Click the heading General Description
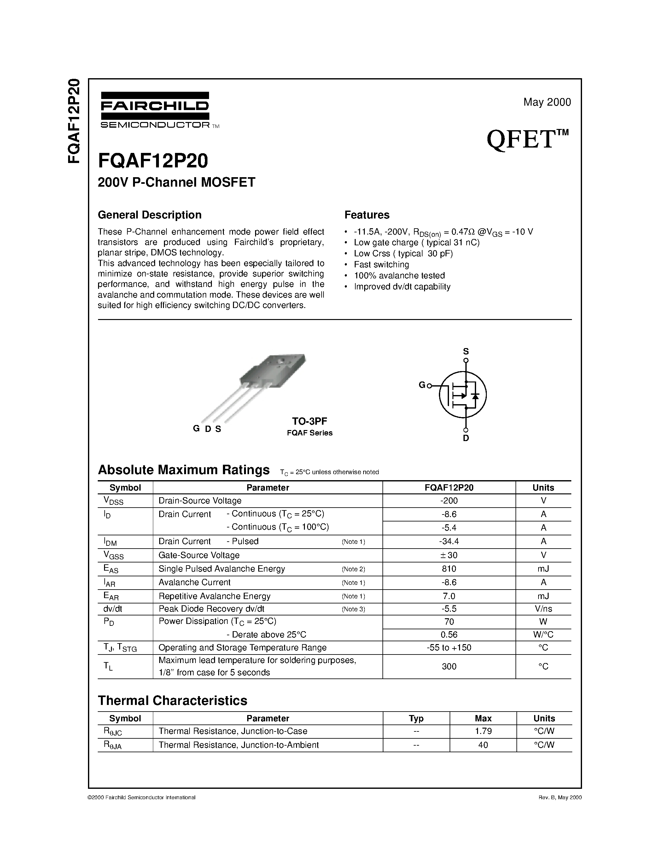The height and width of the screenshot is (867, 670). (150, 215)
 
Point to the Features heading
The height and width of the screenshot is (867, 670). (367, 215)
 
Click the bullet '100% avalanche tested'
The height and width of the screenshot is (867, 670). (399, 276)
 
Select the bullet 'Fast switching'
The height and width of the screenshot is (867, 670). (381, 265)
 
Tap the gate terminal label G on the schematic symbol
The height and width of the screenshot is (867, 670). (422, 385)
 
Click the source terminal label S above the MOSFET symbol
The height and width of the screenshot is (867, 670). (466, 351)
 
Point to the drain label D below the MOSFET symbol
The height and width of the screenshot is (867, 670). (466, 438)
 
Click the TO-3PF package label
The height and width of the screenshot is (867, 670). (310, 421)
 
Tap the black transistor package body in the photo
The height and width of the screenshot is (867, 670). (274, 369)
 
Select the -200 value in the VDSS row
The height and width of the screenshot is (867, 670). (449, 501)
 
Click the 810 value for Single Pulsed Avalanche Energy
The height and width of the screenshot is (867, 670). (449, 568)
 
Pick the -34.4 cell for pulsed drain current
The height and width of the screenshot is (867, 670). (449, 541)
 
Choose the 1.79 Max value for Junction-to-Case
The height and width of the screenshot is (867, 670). (483, 731)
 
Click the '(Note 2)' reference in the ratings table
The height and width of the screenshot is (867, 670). (353, 569)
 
